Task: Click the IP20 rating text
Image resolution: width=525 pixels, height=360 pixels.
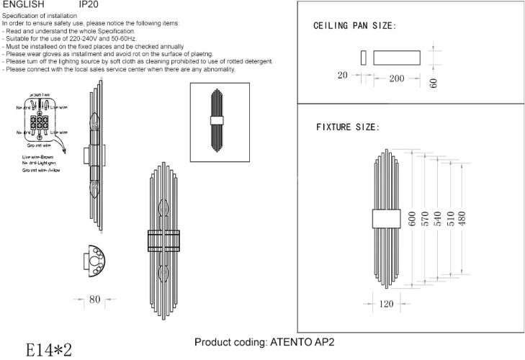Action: tap(89, 4)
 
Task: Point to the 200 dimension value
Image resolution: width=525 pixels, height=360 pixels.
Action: tap(397, 78)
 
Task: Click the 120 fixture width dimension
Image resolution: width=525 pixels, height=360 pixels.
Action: tap(386, 304)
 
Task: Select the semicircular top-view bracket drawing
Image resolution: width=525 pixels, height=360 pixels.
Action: tap(96, 263)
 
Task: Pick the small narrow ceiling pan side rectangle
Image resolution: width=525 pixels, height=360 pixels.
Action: tap(364, 58)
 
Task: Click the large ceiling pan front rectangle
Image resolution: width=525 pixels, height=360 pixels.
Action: tap(396, 58)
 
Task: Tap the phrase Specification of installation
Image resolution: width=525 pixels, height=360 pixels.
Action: tap(44, 15)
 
